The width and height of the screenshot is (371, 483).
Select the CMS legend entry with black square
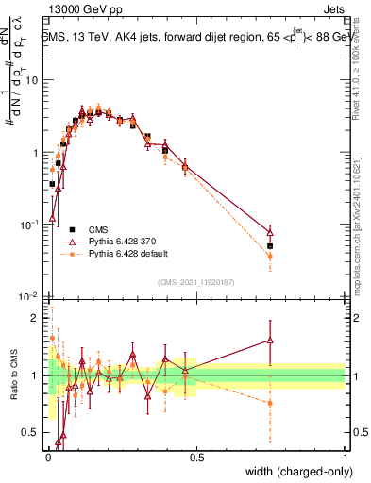(73, 228)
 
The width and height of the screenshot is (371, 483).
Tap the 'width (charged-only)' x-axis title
(293, 473)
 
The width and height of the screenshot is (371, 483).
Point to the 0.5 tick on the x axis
(196, 458)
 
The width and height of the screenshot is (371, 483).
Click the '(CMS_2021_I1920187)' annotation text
(196, 281)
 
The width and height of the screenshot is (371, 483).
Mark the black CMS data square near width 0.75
(270, 246)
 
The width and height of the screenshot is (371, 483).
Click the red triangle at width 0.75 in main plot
(270, 231)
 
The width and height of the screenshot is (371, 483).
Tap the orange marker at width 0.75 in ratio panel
(270, 403)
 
